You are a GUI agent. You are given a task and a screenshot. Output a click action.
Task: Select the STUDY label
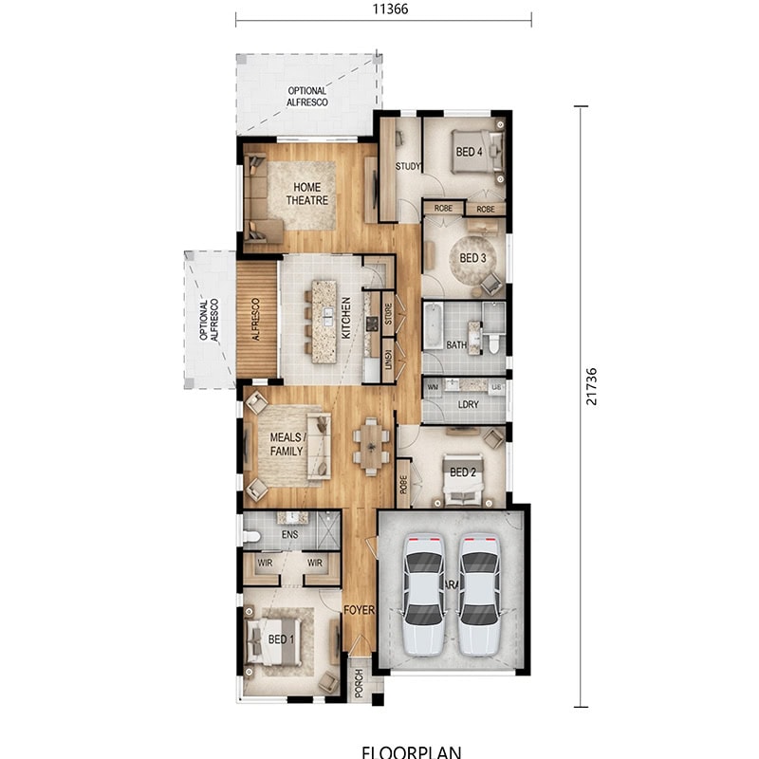[x=409, y=167]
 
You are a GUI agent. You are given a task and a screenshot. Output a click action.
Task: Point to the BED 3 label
[x=472, y=258]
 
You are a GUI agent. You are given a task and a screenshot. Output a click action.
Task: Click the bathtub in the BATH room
[x=432, y=325]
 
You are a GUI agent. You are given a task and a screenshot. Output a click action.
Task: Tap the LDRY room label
[x=467, y=404]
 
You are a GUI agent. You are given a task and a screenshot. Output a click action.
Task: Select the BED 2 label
[x=462, y=472]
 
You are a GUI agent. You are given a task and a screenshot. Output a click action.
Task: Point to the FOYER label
[x=359, y=610]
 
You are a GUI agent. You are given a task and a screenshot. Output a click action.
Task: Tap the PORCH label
[x=359, y=683]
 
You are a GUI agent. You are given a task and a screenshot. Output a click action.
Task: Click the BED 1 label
[x=280, y=639]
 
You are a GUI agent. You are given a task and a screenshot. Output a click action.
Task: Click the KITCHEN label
[x=346, y=318]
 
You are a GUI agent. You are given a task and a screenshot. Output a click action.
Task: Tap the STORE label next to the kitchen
[x=388, y=312]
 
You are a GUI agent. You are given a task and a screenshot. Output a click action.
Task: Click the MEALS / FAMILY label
[x=287, y=444]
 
